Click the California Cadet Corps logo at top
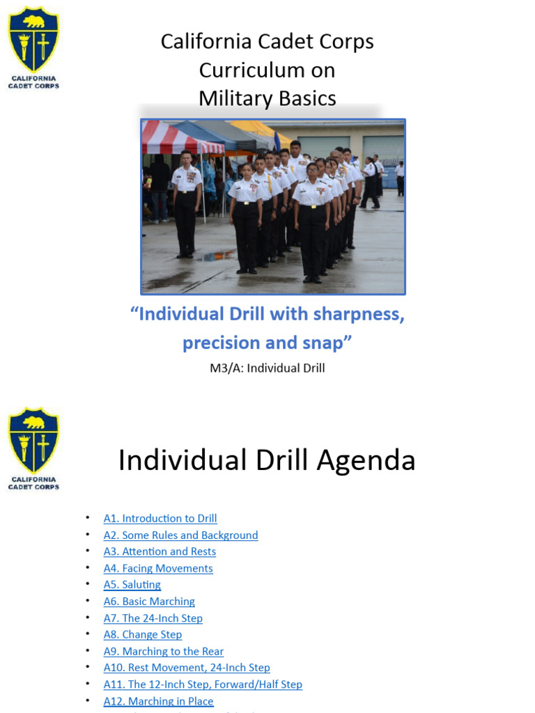33,47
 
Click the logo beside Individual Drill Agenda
33,448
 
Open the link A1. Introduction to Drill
160,519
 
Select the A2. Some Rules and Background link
180,535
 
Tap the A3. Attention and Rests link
160,551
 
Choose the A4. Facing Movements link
158,568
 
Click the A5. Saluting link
132,585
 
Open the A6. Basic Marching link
149,602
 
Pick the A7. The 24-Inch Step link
153,618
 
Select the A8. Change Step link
143,635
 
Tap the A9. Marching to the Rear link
164,652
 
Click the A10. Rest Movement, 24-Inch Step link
187,668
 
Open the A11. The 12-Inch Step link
203,684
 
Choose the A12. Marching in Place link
158,701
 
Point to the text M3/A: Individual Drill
267,368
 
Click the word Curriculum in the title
267,70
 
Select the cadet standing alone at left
186,202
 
